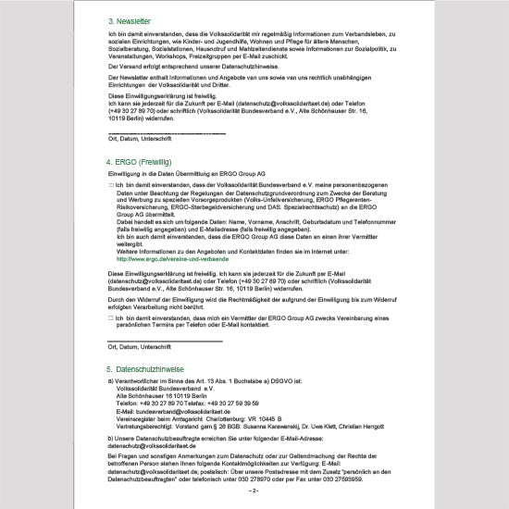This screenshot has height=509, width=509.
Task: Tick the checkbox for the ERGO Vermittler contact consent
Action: point(110,318)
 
